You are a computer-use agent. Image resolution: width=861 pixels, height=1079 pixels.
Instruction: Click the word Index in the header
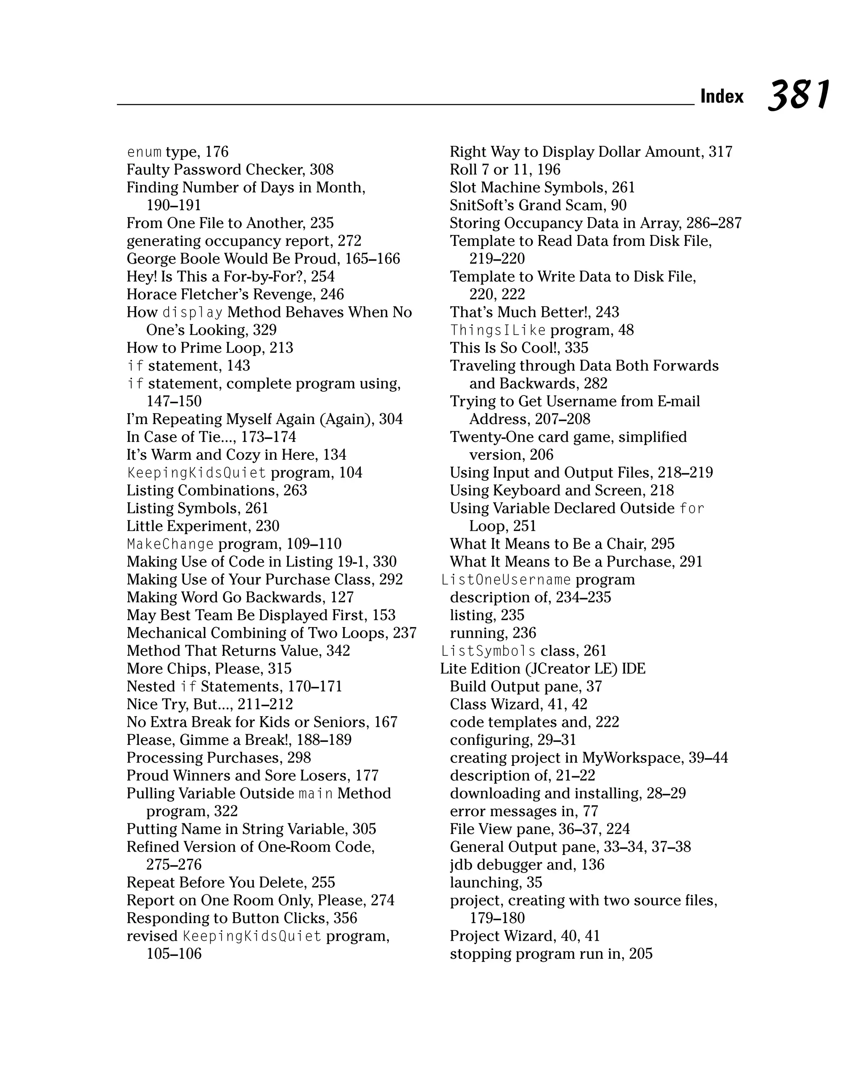click(721, 96)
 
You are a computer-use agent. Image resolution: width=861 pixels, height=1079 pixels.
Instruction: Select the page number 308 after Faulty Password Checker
click(321, 170)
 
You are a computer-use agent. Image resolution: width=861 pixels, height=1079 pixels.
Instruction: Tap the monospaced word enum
click(144, 152)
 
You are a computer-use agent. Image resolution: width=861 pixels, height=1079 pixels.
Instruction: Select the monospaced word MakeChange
click(170, 544)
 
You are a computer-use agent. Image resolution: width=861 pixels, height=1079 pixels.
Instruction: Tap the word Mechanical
click(166, 633)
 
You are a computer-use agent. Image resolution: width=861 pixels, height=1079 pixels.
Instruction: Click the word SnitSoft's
click(481, 205)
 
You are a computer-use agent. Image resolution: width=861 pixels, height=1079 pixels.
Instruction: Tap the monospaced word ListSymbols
click(488, 651)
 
